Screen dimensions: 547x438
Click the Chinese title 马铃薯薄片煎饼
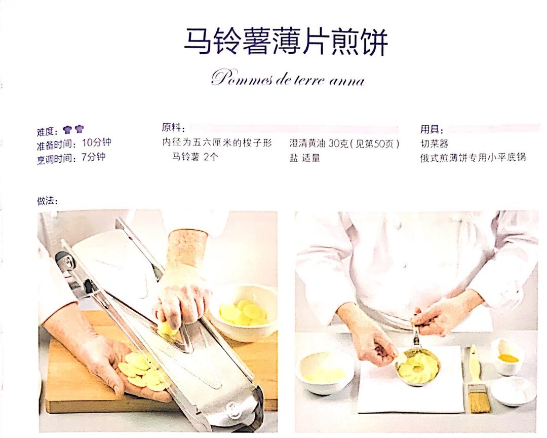(x=286, y=42)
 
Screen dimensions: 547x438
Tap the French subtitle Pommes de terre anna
(x=288, y=79)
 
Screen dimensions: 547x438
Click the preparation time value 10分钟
(x=97, y=142)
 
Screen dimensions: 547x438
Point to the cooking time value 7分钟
(x=94, y=157)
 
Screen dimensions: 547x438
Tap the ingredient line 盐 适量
(x=304, y=158)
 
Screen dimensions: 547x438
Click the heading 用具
(x=432, y=130)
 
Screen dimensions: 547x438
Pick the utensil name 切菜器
(x=435, y=143)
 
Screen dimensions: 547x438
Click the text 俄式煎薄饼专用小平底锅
(x=473, y=158)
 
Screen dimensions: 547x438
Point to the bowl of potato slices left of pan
(x=325, y=372)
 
